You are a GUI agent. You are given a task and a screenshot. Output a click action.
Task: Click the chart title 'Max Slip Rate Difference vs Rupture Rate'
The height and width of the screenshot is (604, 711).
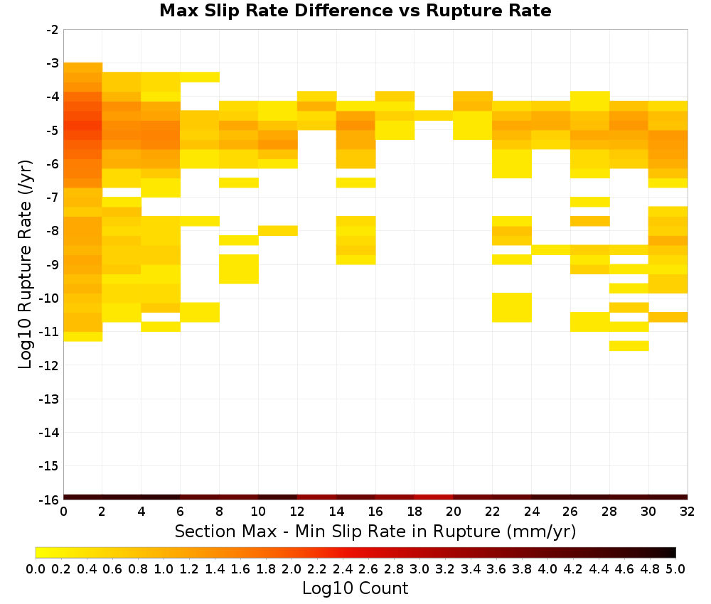click(x=355, y=11)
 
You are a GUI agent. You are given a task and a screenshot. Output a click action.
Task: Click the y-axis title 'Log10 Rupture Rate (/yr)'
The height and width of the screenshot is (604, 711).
click(x=26, y=264)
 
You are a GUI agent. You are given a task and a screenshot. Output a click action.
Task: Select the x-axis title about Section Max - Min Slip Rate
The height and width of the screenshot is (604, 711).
click(x=375, y=532)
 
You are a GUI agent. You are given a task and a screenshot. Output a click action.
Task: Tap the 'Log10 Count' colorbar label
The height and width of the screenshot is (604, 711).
click(x=355, y=588)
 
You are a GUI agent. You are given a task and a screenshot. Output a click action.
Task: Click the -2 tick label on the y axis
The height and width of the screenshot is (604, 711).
click(x=52, y=30)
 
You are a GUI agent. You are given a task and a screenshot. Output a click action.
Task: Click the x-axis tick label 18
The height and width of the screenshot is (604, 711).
click(x=414, y=512)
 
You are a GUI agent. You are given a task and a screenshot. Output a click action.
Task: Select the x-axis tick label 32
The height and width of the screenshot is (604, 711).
click(x=687, y=512)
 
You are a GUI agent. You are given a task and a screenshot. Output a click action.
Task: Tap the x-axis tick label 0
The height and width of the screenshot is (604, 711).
click(x=63, y=512)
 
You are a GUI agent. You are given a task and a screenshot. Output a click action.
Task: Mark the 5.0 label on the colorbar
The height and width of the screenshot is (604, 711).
click(x=675, y=568)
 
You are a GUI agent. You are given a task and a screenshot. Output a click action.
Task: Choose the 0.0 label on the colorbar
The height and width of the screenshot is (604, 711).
click(x=36, y=568)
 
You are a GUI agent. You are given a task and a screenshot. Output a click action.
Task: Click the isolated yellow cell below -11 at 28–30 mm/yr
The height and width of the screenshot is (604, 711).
click(x=629, y=346)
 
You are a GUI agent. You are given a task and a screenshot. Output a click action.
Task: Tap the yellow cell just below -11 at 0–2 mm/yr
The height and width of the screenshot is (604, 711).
click(x=83, y=336)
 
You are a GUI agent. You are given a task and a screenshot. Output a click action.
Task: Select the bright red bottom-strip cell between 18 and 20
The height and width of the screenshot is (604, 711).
click(x=434, y=497)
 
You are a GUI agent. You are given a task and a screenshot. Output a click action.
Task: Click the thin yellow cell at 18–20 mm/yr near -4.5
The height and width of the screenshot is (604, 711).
click(x=434, y=116)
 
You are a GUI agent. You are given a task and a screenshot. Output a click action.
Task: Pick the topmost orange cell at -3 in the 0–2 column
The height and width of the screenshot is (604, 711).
click(x=83, y=68)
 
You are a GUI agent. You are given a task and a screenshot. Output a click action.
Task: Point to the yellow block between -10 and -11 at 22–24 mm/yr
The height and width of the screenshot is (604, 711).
click(x=512, y=308)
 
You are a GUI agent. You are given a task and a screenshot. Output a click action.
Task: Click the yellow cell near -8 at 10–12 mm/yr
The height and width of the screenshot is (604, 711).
click(x=278, y=231)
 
